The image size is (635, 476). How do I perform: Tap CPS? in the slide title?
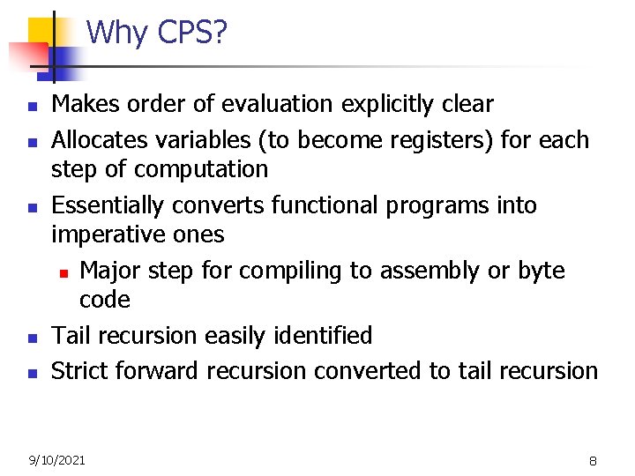click(x=192, y=33)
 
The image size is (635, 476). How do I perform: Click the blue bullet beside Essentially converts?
click(x=31, y=207)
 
